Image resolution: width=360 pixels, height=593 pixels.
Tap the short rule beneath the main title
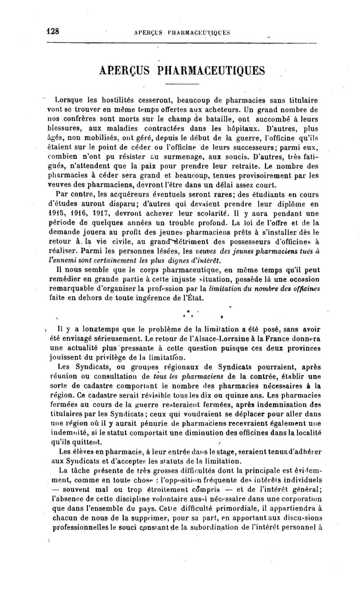(182, 84)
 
